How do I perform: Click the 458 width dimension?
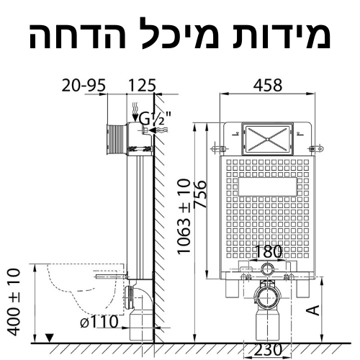(268, 85)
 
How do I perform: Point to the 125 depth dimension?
(142, 85)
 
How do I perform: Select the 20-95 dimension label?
(84, 85)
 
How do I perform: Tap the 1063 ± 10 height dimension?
(184, 216)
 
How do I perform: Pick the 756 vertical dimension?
(200, 194)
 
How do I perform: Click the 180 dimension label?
(268, 251)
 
